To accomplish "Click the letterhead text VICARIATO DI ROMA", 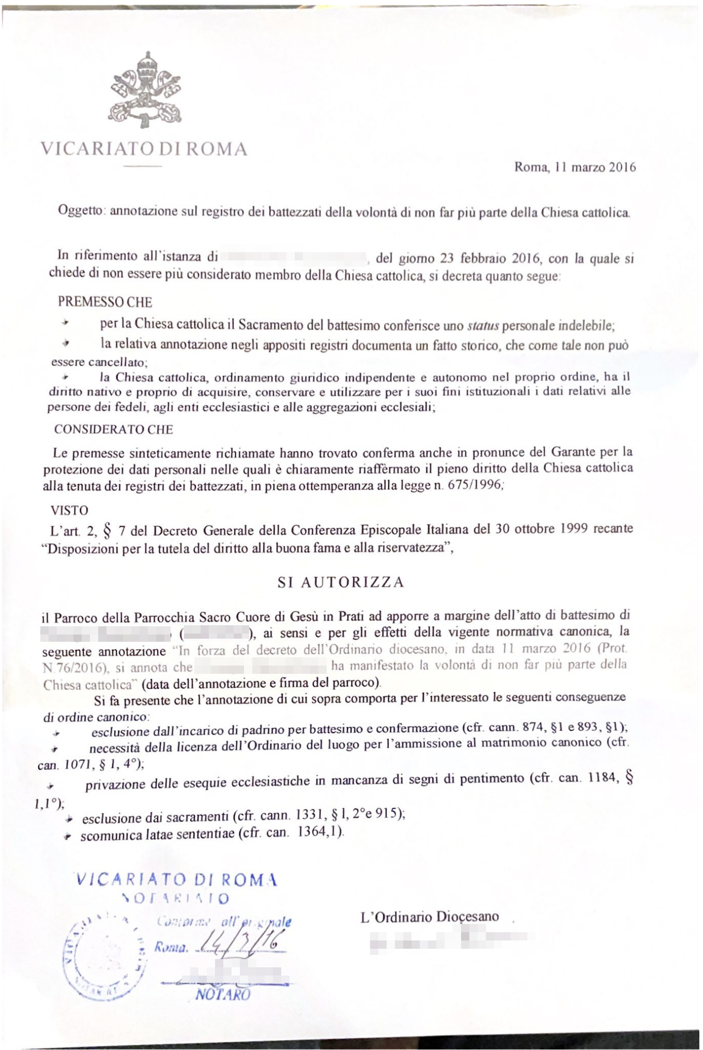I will pyautogui.click(x=144, y=149).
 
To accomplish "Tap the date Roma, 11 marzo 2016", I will pyautogui.click(x=575, y=167).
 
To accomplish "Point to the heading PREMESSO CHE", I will pyautogui.click(x=105, y=302).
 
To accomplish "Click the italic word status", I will pyautogui.click(x=483, y=326).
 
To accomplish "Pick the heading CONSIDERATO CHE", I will pyautogui.click(x=114, y=429).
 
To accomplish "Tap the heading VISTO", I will pyautogui.click(x=69, y=511).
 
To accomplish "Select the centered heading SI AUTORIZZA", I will pyautogui.click(x=341, y=582).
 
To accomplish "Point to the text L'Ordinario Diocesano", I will pyautogui.click(x=430, y=917).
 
